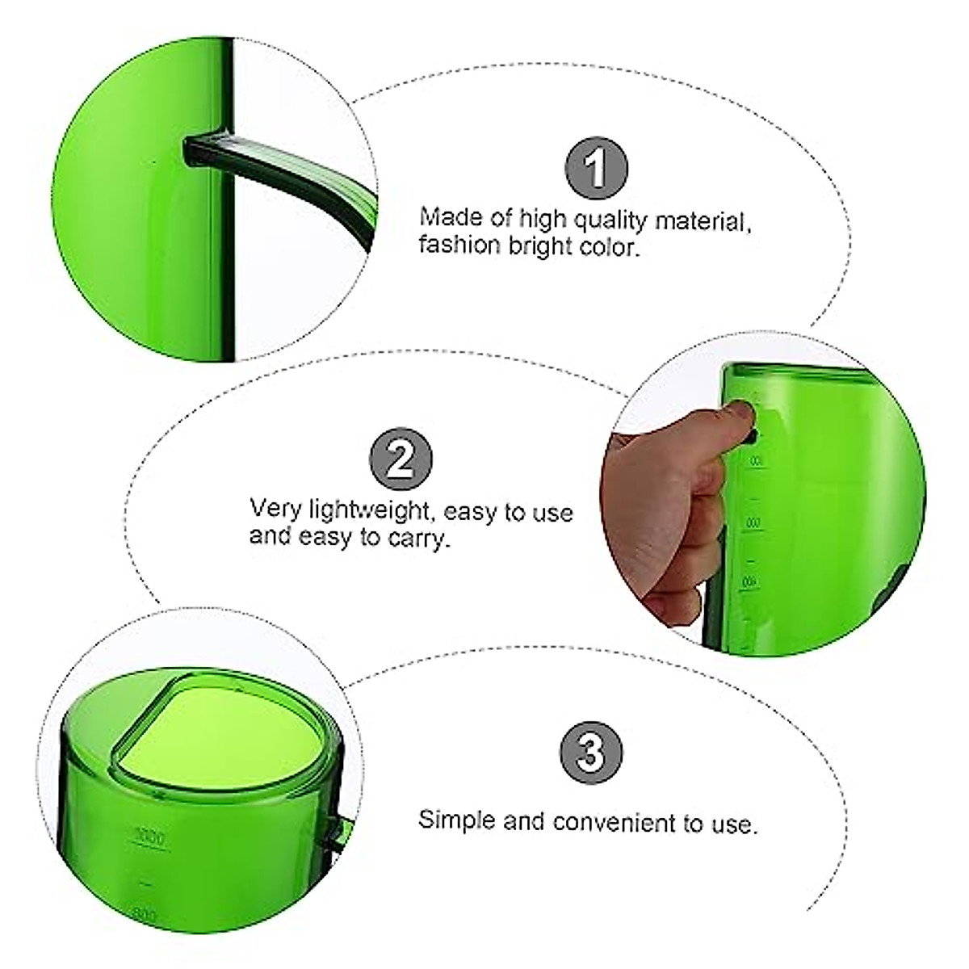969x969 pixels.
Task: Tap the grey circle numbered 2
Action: [401, 459]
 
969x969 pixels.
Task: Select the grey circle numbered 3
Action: [591, 752]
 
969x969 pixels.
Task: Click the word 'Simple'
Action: [456, 821]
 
